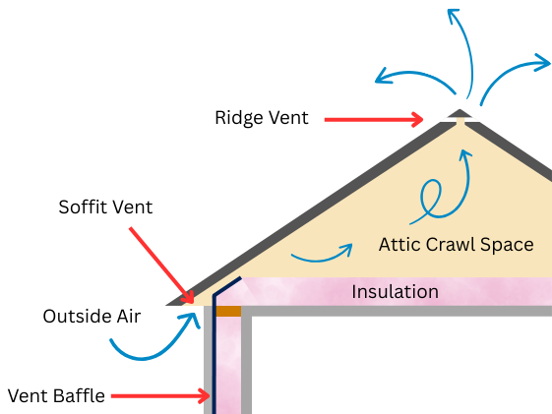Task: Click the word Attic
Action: coord(399,244)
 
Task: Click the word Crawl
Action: coord(452,244)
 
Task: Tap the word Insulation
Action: coord(395,292)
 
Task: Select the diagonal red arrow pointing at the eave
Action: coord(160,263)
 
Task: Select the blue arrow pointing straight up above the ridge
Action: coord(463,49)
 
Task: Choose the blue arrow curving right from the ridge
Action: coord(512,74)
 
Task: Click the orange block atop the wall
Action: coord(228,311)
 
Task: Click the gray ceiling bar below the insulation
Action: coord(394,311)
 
